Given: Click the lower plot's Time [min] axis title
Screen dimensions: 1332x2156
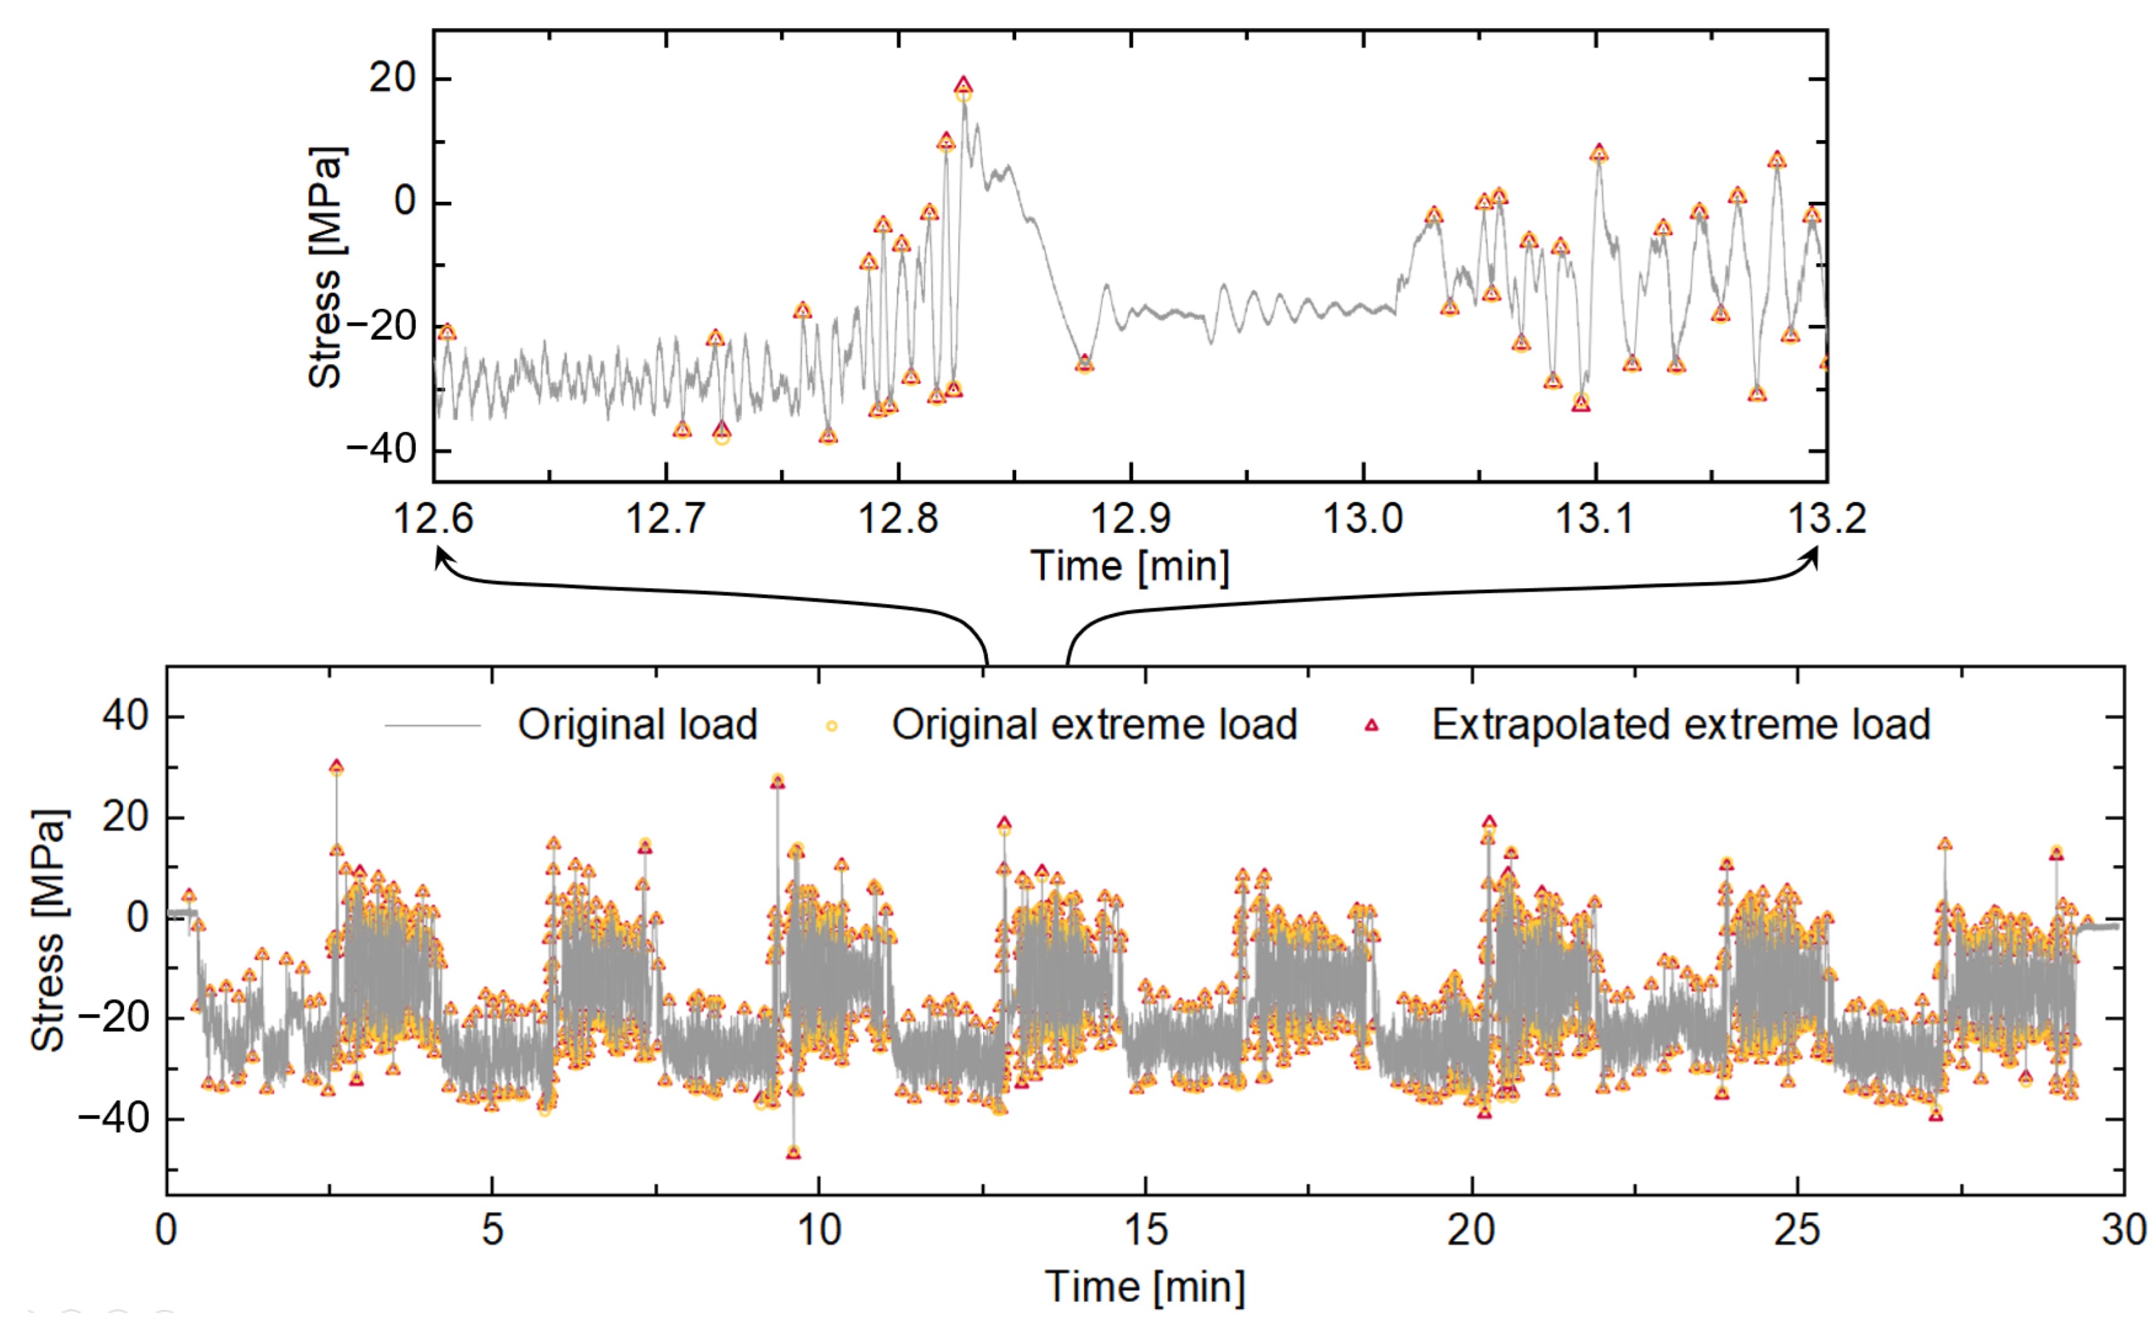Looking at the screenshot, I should [1144, 1287].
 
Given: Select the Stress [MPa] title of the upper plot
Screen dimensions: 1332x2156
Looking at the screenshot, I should [326, 267].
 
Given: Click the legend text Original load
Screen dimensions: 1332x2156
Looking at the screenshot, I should [637, 725].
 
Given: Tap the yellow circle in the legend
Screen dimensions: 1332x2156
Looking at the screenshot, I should [831, 727].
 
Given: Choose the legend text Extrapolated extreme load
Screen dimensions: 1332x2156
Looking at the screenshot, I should [1680, 725].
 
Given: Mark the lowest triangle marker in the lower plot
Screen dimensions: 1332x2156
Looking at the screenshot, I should [793, 1152].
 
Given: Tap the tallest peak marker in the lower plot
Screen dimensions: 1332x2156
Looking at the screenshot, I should [336, 767].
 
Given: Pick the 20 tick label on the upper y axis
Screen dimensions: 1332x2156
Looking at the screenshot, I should [391, 78].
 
